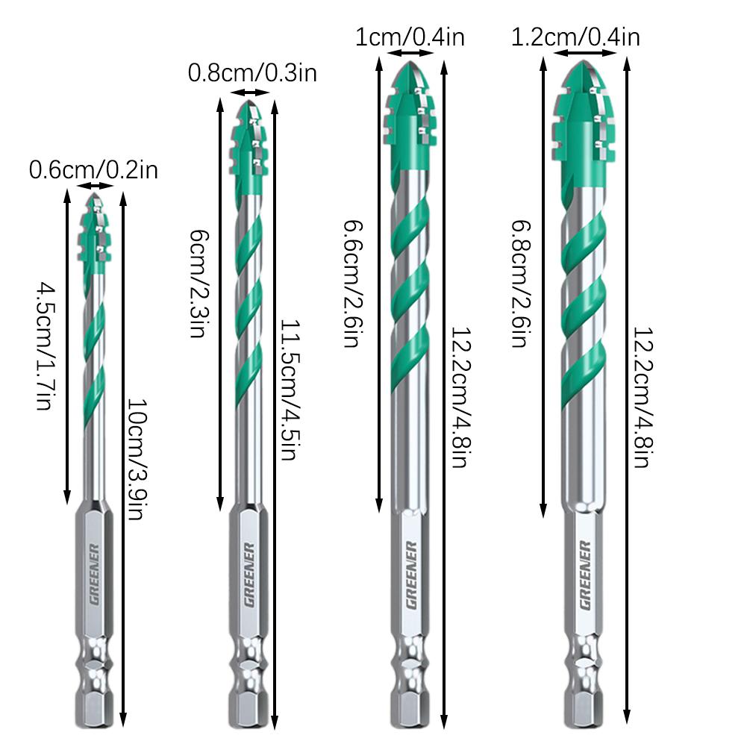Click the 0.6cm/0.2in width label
point(93,171)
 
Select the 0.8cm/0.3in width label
point(252,74)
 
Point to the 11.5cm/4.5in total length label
point(290,390)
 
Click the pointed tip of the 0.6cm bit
point(95,196)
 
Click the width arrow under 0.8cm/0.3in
point(250,93)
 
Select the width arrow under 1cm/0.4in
point(410,54)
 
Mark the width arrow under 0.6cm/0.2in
point(94,186)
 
